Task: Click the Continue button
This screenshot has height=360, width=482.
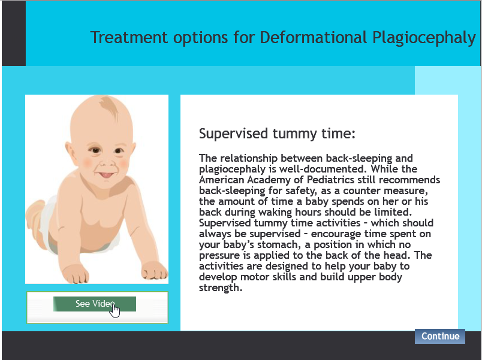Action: pos(439,336)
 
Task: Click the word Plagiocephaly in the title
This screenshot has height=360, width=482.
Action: pos(424,38)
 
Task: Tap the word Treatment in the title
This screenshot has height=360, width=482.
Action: pos(129,38)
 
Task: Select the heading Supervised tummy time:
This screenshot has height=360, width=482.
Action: pos(277,134)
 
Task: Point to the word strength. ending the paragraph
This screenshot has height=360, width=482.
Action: pos(221,288)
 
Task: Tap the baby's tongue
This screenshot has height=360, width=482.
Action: pos(106,175)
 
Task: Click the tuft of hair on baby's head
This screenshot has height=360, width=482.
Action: pos(110,107)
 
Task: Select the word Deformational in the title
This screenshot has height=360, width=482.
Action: pos(314,38)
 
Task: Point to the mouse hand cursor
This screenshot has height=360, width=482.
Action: pos(115,310)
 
